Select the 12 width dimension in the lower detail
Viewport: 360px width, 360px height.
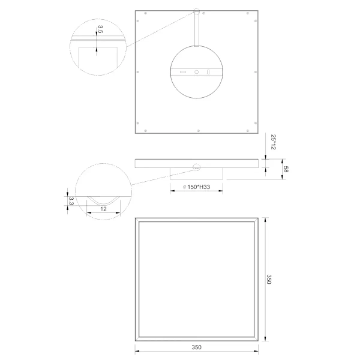(x=103, y=208)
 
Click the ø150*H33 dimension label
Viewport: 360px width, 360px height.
(x=195, y=187)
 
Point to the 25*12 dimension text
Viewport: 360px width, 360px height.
(x=273, y=142)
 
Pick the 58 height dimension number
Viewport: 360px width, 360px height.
(x=286, y=170)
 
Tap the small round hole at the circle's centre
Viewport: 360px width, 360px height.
(x=196, y=73)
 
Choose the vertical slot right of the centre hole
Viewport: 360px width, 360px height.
(x=209, y=73)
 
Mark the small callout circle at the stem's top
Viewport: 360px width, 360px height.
(x=196, y=11)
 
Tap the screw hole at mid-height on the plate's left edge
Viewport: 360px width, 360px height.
(x=139, y=72)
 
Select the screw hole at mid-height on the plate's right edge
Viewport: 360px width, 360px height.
(x=254, y=72)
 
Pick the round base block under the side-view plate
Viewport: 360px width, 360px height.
(x=196, y=173)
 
